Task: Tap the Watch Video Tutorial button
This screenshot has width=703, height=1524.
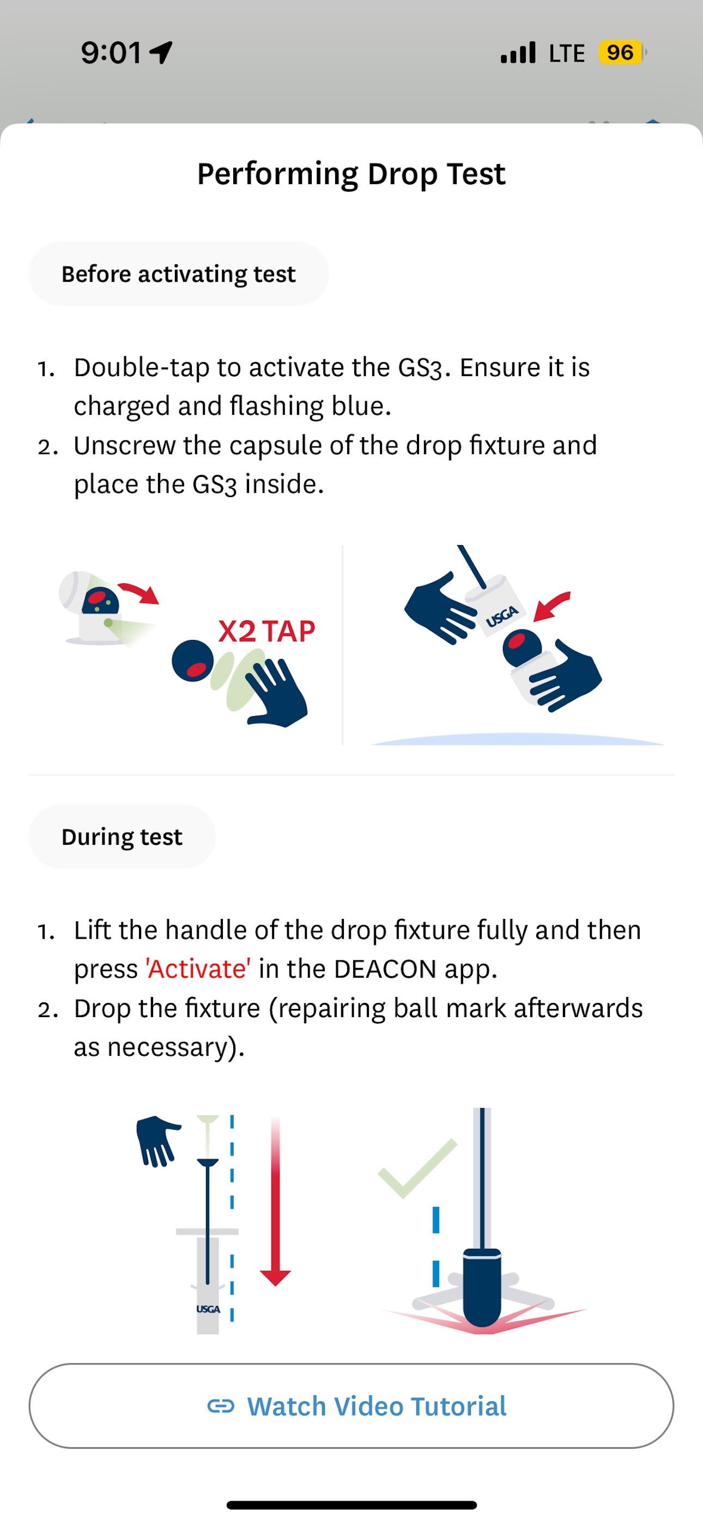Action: pyautogui.click(x=351, y=1406)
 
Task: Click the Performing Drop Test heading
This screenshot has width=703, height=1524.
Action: pyautogui.click(x=351, y=174)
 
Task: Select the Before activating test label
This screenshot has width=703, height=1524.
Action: pyautogui.click(x=178, y=274)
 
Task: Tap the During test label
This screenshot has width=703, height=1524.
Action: pyautogui.click(x=122, y=837)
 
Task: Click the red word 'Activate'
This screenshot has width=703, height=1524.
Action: pyautogui.click(x=198, y=969)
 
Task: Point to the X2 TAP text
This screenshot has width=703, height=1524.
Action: pyautogui.click(x=267, y=631)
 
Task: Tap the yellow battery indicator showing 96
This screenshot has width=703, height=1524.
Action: pyautogui.click(x=620, y=53)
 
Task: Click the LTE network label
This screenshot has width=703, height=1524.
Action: pyautogui.click(x=566, y=53)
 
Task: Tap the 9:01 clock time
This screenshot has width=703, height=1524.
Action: pyautogui.click(x=111, y=53)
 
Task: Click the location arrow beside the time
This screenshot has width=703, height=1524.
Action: pyautogui.click(x=161, y=52)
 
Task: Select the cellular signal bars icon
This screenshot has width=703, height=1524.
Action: pyautogui.click(x=518, y=52)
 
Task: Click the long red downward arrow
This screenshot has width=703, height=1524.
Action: pyautogui.click(x=275, y=1201)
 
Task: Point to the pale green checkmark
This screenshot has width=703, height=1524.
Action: pyautogui.click(x=418, y=1169)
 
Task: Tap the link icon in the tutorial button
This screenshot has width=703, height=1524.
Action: pyautogui.click(x=221, y=1406)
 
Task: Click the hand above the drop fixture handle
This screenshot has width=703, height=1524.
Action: pyautogui.click(x=157, y=1140)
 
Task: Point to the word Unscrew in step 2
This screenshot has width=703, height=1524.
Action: pyautogui.click(x=125, y=445)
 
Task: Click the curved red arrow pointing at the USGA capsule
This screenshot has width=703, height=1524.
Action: pyautogui.click(x=552, y=605)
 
